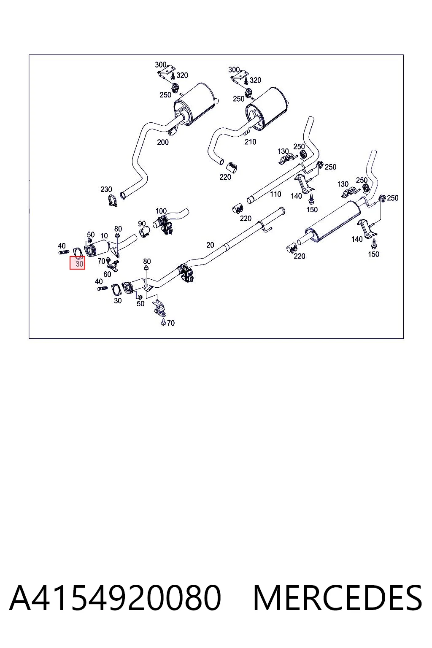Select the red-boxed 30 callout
77,264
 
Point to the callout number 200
162,142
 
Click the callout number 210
250,142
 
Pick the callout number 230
106,189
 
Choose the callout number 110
275,194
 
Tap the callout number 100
161,211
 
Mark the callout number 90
141,224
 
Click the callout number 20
210,245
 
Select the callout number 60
107,274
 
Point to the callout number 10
104,236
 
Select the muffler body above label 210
267,107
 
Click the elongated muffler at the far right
333,221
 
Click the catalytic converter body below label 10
97,248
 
